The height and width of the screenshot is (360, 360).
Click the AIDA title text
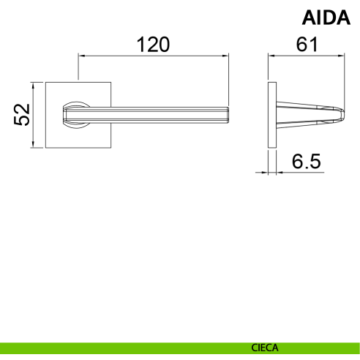(x=326, y=18)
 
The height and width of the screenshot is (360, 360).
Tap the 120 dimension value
(x=153, y=45)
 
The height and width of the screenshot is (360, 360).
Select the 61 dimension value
(x=307, y=45)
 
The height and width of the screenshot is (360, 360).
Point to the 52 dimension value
(x=22, y=115)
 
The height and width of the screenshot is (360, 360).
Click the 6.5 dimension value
(x=307, y=162)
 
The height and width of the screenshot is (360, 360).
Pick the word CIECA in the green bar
(x=265, y=348)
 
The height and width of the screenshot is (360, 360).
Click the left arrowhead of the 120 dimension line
(x=81, y=56)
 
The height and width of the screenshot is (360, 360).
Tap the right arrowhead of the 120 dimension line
(x=225, y=56)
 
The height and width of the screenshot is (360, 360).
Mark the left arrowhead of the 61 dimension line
(x=271, y=56)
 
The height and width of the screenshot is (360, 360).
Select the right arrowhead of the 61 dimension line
(x=341, y=56)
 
